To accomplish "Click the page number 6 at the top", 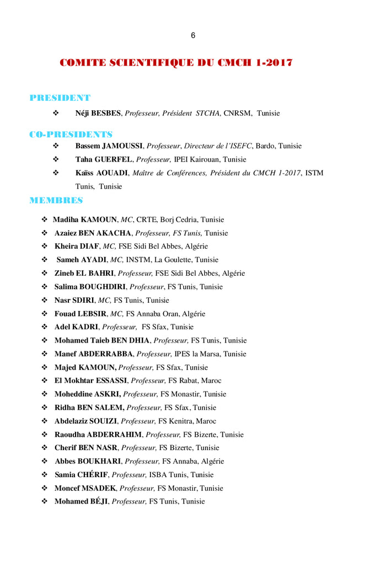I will click(193, 36).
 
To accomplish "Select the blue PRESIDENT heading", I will click(60, 98).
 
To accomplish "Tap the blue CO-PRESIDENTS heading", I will click(71, 135).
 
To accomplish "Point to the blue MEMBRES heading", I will click(56, 200).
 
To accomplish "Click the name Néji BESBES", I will click(98, 114).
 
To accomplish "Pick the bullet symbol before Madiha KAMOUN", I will click(45, 220).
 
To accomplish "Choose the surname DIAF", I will click(89, 247).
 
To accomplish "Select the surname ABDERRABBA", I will click(105, 354).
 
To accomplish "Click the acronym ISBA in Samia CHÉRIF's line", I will click(158, 475).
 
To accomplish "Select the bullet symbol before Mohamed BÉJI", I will click(45, 501).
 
